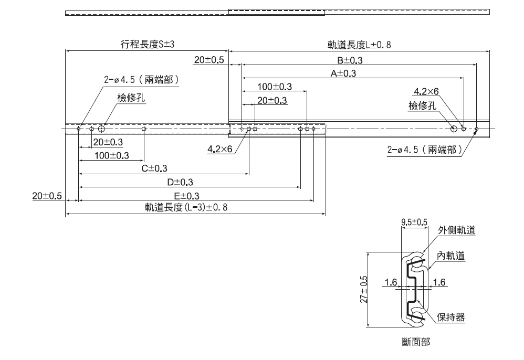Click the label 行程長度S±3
(148, 45)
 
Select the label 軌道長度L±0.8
(357, 45)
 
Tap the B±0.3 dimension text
(350, 60)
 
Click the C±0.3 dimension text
(154, 168)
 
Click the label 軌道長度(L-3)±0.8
(186, 207)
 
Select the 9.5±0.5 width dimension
(414, 222)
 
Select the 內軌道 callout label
(450, 256)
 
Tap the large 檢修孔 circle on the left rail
(101, 129)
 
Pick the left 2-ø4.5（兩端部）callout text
(142, 80)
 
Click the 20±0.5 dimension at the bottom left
(47, 196)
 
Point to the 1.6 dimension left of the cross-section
(390, 282)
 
